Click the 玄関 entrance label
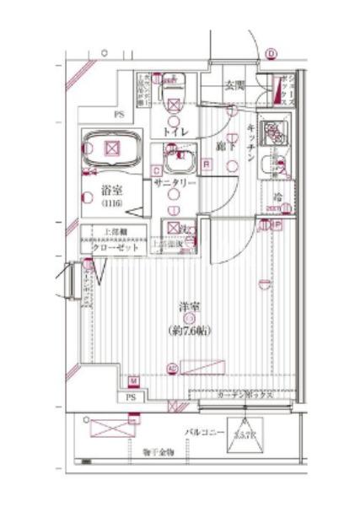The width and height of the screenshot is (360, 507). tap(234, 84)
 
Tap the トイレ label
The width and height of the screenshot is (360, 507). tap(175, 132)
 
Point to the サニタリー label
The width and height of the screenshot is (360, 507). tap(175, 183)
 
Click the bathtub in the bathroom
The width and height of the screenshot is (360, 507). tap(110, 150)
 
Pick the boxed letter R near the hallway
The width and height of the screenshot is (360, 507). tap(206, 165)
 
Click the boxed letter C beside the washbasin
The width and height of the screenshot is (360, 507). tap(157, 170)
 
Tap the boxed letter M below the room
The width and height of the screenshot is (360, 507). tap(134, 380)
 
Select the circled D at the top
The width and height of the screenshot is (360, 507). tap(271, 55)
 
